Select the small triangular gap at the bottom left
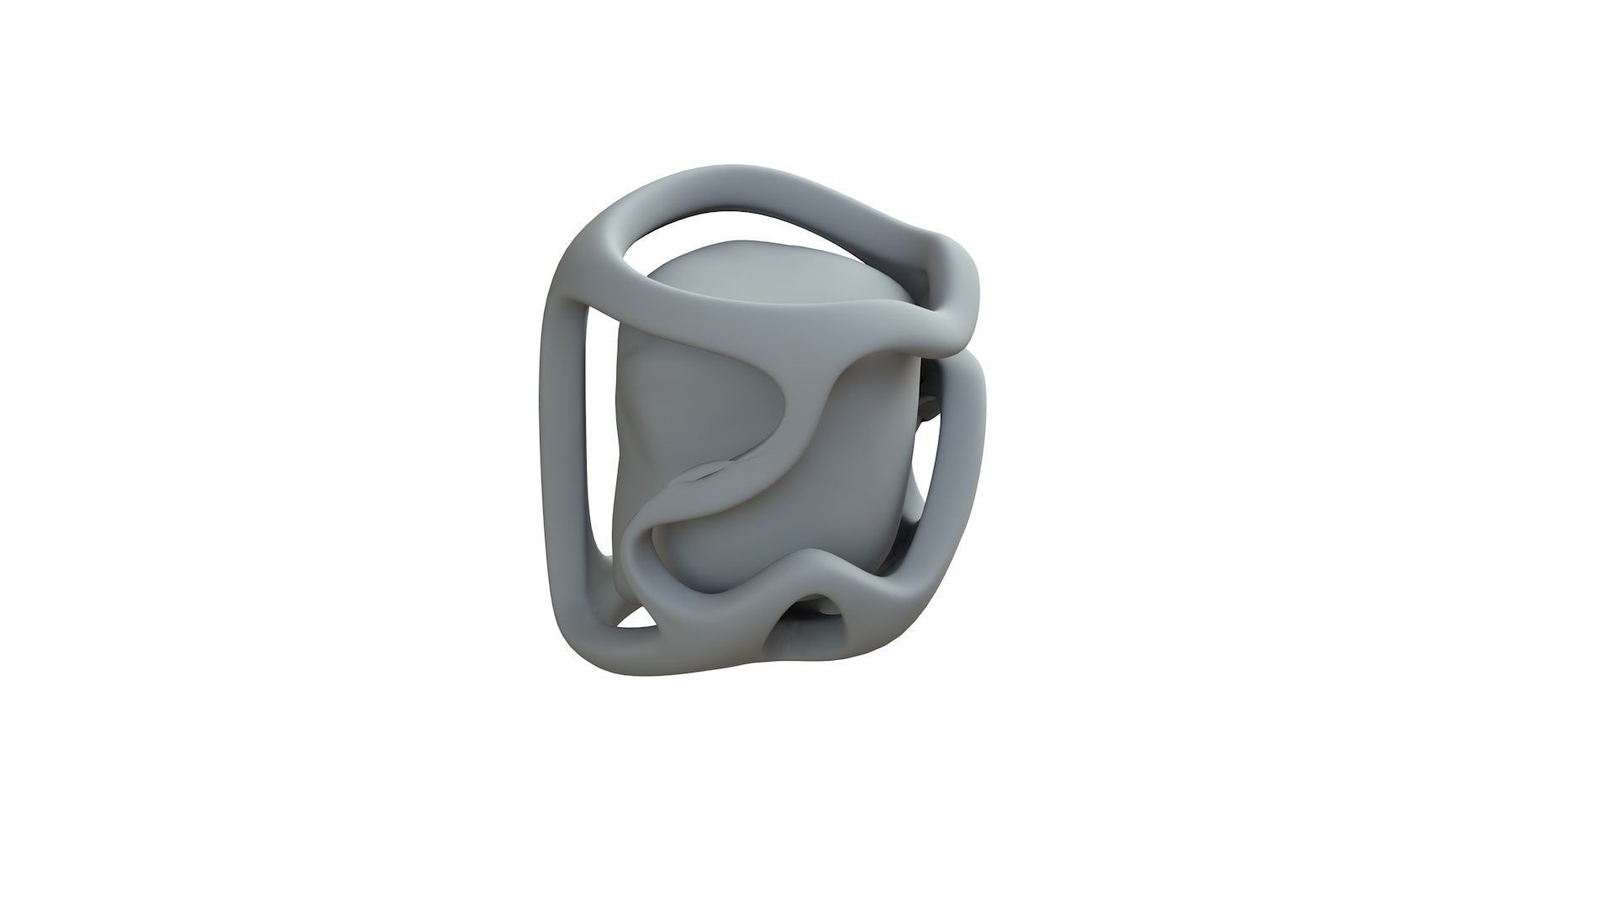639,618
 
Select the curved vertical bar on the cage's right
967,454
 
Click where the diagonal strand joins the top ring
849,353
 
